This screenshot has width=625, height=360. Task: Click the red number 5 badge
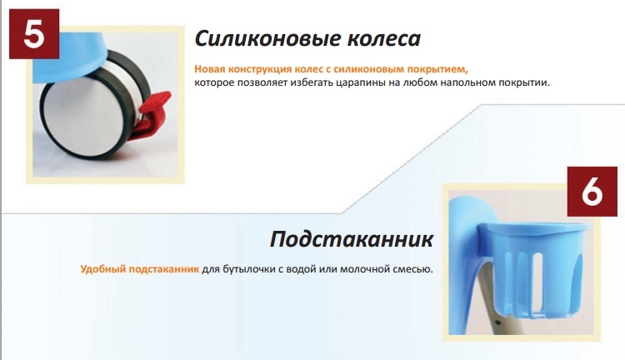click(34, 34)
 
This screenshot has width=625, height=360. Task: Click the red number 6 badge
click(592, 192)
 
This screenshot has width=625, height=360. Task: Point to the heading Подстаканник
click(351, 240)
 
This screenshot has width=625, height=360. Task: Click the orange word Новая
click(207, 69)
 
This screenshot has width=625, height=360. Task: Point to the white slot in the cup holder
click(538, 281)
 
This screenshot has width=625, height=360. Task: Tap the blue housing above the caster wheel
click(70, 56)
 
